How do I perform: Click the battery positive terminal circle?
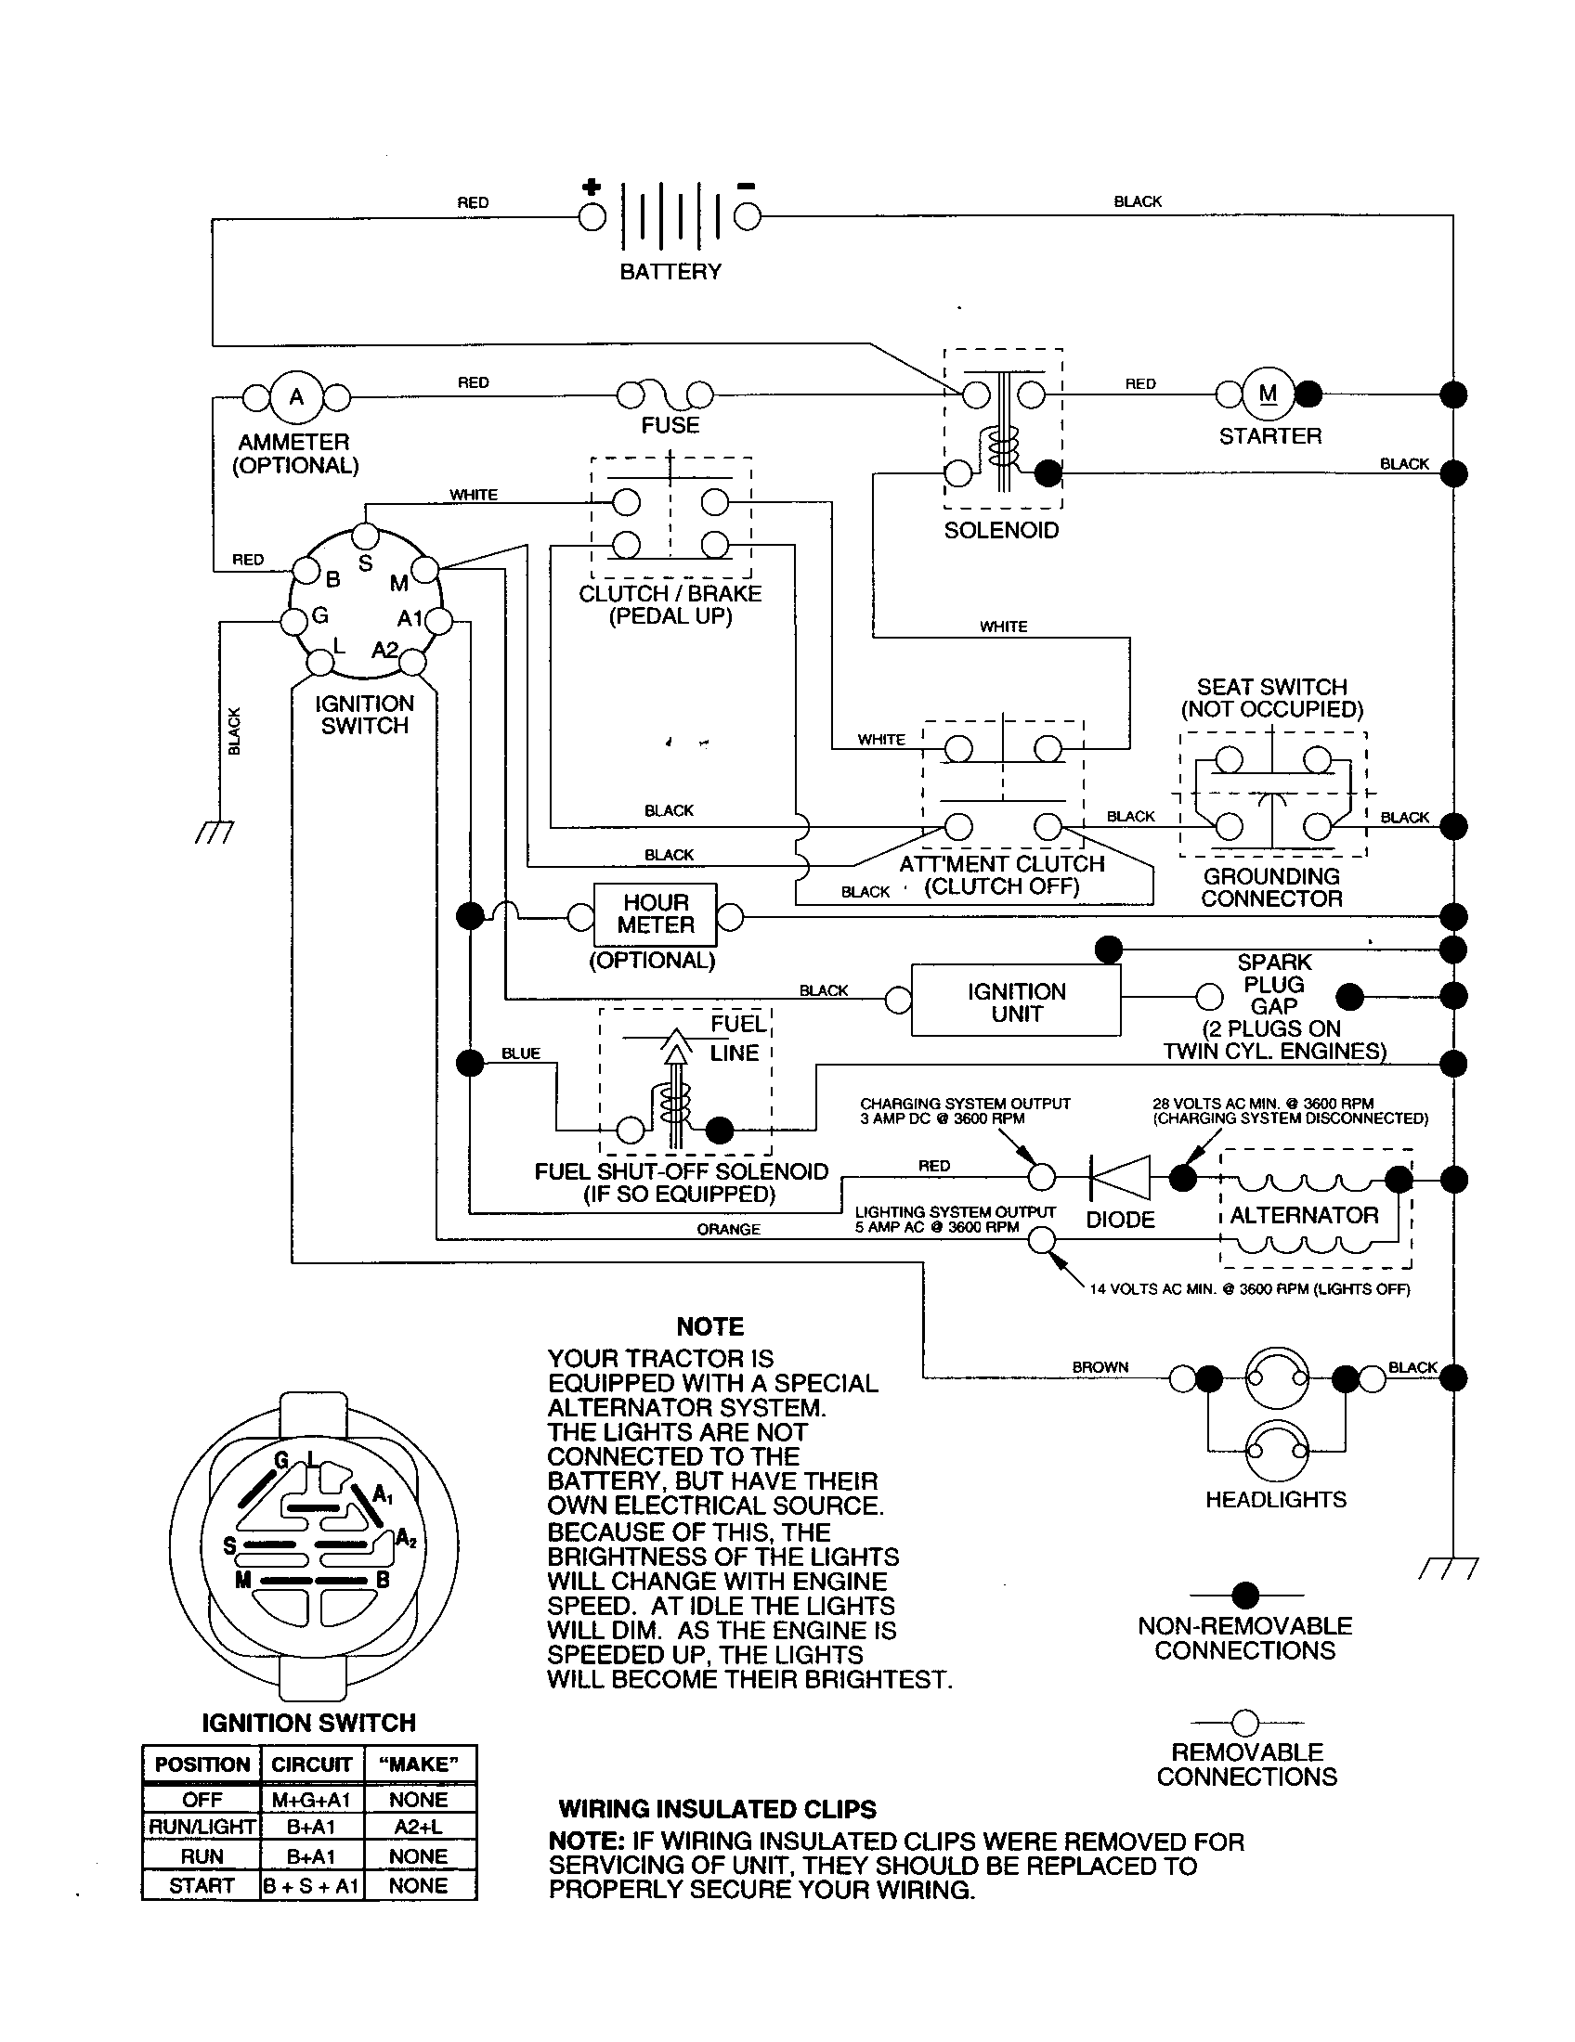click(x=592, y=217)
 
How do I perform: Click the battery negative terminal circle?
click(x=747, y=217)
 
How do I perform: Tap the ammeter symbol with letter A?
click(x=295, y=397)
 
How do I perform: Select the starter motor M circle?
click(x=1269, y=394)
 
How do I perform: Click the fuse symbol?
click(x=666, y=396)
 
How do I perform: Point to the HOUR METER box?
click(x=656, y=914)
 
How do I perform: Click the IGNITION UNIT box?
click(x=1016, y=1002)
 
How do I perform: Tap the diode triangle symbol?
click(x=1121, y=1177)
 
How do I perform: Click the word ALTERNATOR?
click(x=1304, y=1216)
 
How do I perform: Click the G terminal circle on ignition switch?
click(x=295, y=620)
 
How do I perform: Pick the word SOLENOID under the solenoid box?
click(x=1001, y=530)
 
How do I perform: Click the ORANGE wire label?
click(x=728, y=1230)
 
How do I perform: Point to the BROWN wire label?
click(x=1100, y=1367)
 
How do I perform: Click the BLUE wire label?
click(x=521, y=1053)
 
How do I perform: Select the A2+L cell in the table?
click(x=418, y=1826)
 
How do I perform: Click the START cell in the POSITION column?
click(x=202, y=1886)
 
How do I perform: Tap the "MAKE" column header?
click(x=418, y=1764)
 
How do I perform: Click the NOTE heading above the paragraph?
click(x=709, y=1326)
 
